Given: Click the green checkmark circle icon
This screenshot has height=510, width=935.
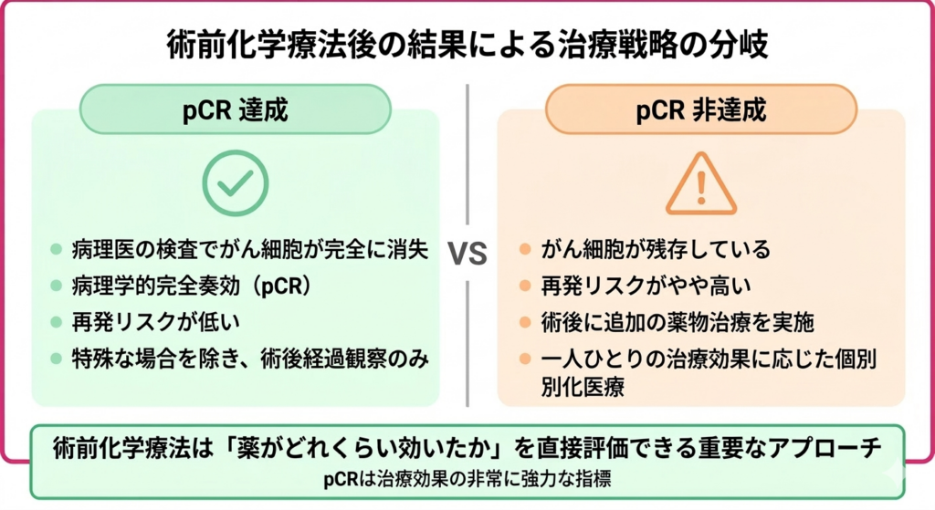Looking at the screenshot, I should click(x=235, y=182).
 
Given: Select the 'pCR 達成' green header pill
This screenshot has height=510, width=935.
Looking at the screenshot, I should click(x=236, y=109).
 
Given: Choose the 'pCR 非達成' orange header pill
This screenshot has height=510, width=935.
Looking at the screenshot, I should click(x=700, y=109).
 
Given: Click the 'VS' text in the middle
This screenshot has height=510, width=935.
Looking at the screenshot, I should click(x=467, y=253).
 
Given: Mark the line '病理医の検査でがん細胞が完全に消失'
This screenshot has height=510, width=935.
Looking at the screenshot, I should click(x=249, y=249).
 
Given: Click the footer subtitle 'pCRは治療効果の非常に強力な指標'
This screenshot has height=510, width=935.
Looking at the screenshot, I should click(x=467, y=480).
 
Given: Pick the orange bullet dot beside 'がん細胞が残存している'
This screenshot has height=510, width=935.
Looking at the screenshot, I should click(x=524, y=249).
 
